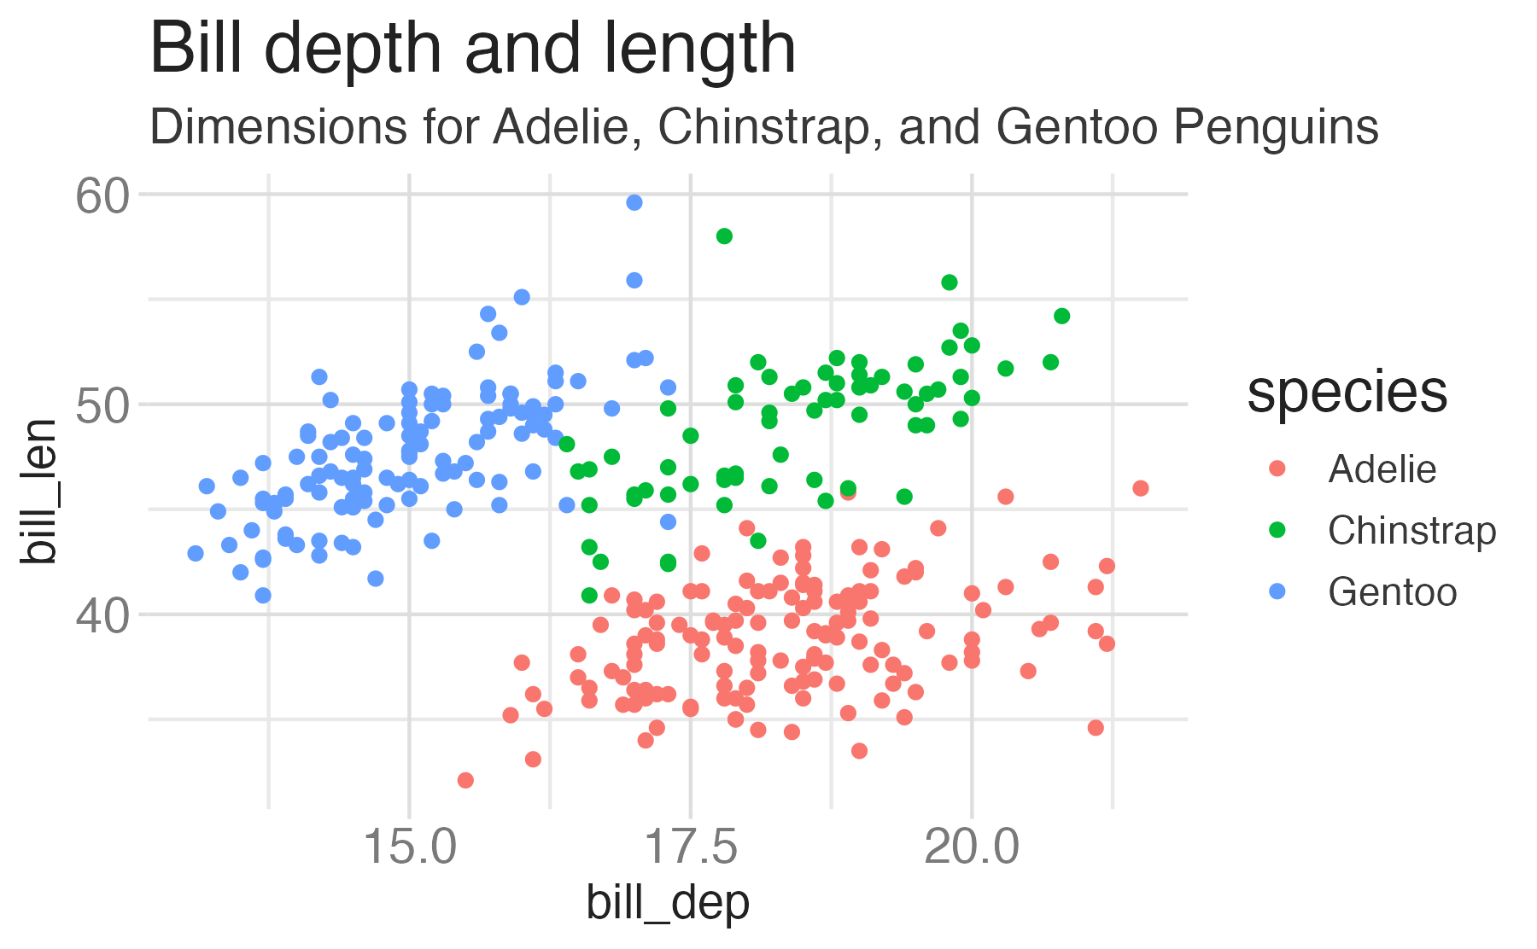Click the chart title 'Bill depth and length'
click(x=472, y=49)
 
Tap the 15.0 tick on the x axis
click(x=409, y=847)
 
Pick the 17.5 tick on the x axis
click(x=690, y=847)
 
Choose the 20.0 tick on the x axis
click(x=971, y=847)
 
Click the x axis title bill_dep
click(x=667, y=903)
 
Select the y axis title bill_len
click(x=40, y=491)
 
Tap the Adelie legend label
click(x=1382, y=469)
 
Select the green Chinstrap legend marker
click(x=1277, y=530)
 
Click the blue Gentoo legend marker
click(x=1277, y=591)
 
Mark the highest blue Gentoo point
click(x=634, y=202)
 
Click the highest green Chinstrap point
click(x=724, y=236)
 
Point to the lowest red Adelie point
click(x=465, y=780)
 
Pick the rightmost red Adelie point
click(x=1140, y=488)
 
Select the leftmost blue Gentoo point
click(x=196, y=553)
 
